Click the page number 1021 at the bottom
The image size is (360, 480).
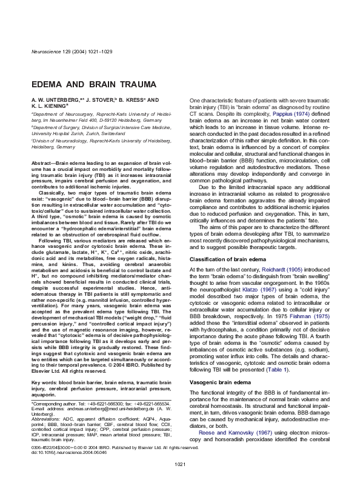pos(179,464)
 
